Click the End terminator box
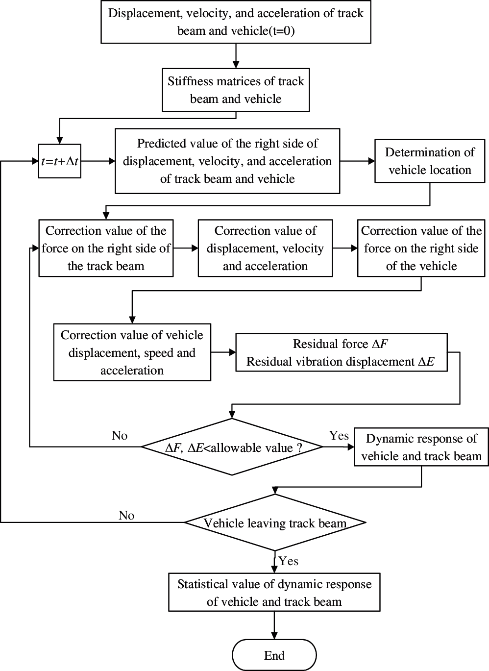coord(274,655)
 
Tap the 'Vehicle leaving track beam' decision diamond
coord(274,522)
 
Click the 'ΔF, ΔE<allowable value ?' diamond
coord(232,447)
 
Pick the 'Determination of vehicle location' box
coord(430,161)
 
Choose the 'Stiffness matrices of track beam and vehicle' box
coord(236,90)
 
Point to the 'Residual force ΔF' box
coord(341,353)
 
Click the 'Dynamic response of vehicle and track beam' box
coord(421,447)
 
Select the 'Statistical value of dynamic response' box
coord(274,593)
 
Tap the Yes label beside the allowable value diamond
coord(339,436)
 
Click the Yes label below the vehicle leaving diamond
coord(288,561)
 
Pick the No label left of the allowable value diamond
coord(120,436)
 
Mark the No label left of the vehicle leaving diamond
coord(126,515)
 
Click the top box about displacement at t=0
coord(236,22)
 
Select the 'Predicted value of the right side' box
coord(227,161)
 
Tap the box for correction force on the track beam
coord(106,249)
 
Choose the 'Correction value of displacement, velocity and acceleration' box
coord(265,249)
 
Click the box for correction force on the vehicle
coord(421,249)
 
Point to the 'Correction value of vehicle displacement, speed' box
coord(132,352)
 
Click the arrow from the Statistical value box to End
coord(274,625)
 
